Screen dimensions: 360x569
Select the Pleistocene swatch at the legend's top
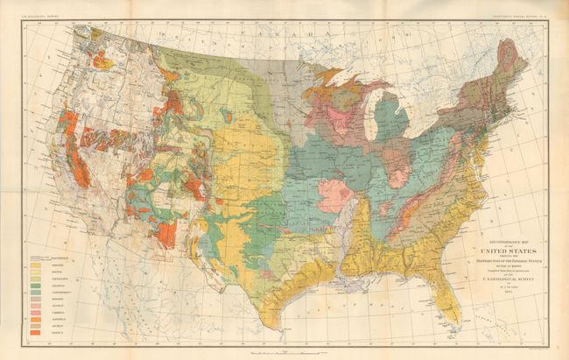point(35,258)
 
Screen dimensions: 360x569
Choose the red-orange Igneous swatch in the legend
point(35,333)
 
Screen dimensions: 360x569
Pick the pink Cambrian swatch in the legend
point(35,311)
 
